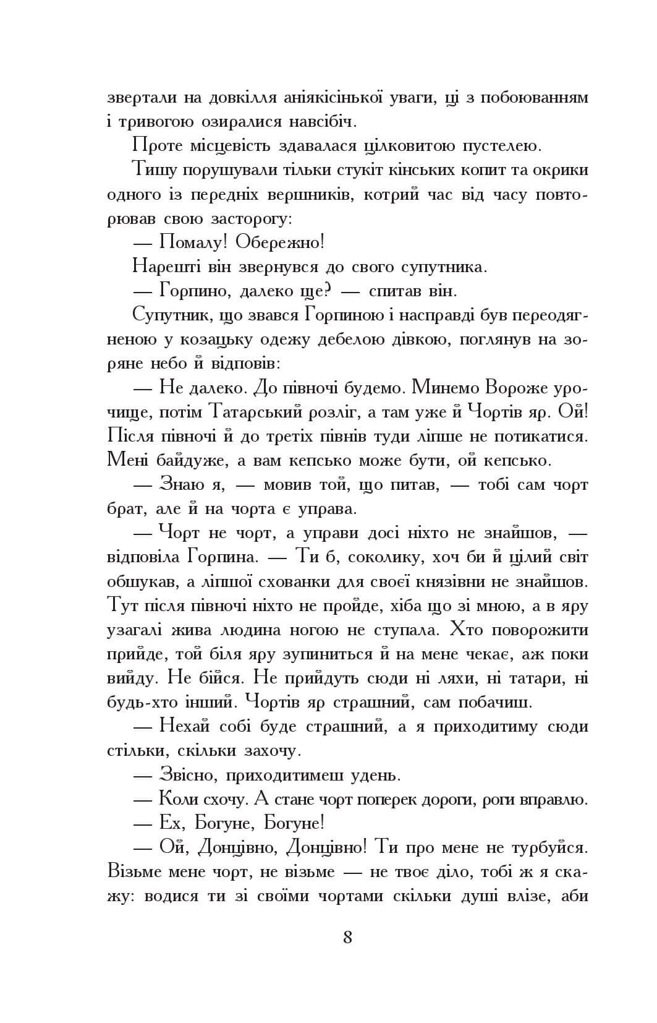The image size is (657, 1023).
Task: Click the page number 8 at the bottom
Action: pyautogui.click(x=347, y=938)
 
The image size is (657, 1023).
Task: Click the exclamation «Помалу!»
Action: pyautogui.click(x=193, y=242)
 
